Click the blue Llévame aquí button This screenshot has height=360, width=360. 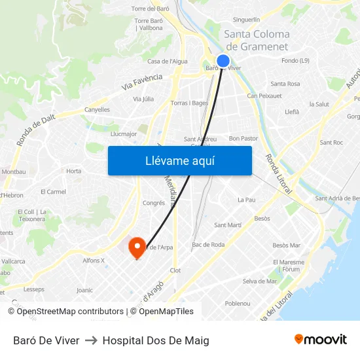[x=179, y=160]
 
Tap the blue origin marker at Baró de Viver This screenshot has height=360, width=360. [x=223, y=61]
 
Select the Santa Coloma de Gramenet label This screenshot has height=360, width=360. [x=257, y=40]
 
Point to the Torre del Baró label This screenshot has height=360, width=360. [x=151, y=9]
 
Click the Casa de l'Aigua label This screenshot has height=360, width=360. [x=168, y=62]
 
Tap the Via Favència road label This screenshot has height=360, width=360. [x=142, y=82]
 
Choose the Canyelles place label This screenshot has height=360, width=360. [x=98, y=109]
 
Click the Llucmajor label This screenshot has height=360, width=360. [x=124, y=134]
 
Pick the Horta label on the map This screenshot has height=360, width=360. [x=74, y=171]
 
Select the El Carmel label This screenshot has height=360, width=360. [x=53, y=192]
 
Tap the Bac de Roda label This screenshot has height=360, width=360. [x=208, y=245]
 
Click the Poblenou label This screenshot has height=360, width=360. [x=237, y=304]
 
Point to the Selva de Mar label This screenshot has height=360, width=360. [x=260, y=281]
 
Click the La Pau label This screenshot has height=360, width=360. [x=246, y=200]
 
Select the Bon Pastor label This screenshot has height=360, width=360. [x=243, y=139]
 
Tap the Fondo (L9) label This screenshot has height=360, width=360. [x=295, y=61]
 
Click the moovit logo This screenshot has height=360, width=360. [x=320, y=339]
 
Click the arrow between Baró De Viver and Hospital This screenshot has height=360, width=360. [x=91, y=340]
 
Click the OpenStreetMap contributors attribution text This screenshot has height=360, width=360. [x=70, y=312]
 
